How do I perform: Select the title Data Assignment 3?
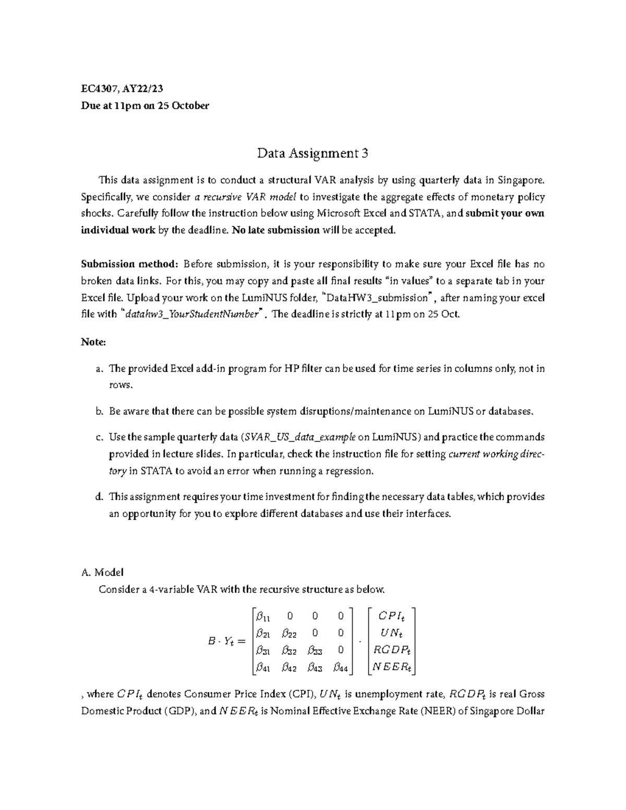click(x=312, y=153)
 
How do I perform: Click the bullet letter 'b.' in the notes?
click(x=100, y=412)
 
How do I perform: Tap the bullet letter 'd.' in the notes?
click(x=100, y=497)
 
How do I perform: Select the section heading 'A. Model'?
click(x=103, y=573)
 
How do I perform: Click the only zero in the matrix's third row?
click(x=341, y=650)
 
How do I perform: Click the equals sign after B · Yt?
click(x=240, y=642)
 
